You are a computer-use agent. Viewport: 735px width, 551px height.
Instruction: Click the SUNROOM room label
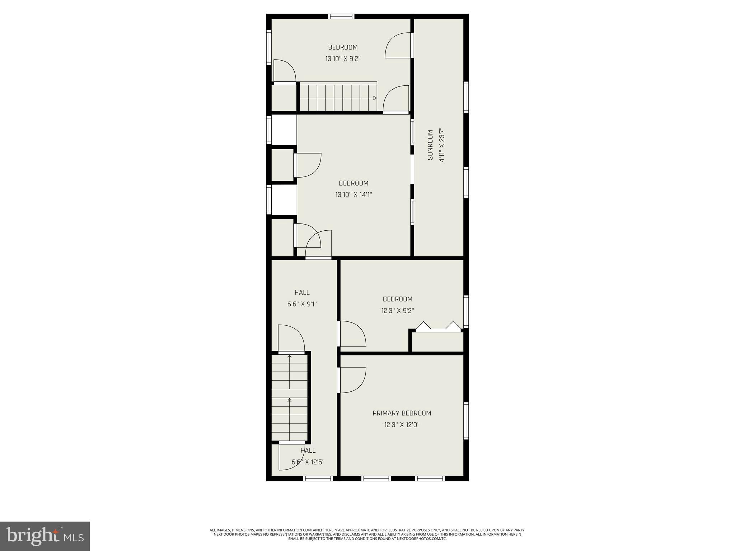tap(430, 145)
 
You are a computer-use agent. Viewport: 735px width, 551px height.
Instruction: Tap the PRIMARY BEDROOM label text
tap(402, 413)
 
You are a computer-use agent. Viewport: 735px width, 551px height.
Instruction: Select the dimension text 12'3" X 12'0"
tap(402, 425)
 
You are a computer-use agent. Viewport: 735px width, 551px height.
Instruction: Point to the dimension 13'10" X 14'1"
tap(354, 195)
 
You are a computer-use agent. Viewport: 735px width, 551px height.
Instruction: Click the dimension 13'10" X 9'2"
tap(343, 59)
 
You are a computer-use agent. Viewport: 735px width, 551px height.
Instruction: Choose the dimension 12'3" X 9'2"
tap(397, 311)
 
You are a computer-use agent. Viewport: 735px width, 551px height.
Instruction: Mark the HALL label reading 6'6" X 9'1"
tap(302, 298)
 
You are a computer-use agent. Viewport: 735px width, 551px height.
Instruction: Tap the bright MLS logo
tap(45, 536)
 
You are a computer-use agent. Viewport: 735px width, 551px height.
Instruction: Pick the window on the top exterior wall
tap(341, 17)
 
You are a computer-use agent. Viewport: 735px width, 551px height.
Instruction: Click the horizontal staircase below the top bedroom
tap(338, 97)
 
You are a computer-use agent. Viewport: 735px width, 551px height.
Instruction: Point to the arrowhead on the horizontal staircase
tap(375, 98)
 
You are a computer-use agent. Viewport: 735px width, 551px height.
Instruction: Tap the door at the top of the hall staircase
tap(291, 339)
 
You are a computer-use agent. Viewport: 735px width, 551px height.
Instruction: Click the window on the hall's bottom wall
tap(318, 478)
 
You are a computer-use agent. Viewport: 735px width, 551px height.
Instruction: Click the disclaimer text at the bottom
tap(367, 544)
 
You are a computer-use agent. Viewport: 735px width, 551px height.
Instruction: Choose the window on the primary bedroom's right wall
tap(466, 421)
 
